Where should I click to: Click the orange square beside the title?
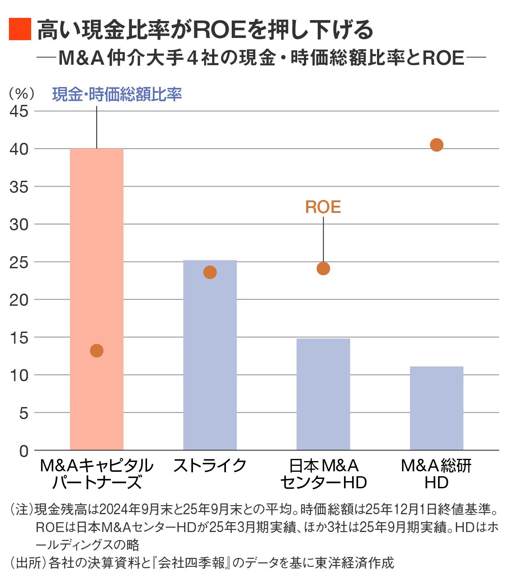(20, 29)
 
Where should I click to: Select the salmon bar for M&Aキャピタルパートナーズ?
(97, 299)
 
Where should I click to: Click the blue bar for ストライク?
(210, 357)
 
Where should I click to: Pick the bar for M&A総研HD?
(436, 408)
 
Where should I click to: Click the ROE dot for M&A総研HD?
(436, 145)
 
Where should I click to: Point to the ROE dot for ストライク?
(210, 272)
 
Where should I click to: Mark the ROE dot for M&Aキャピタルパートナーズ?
(97, 351)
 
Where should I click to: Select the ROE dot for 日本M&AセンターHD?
(323, 269)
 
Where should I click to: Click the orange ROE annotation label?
(323, 207)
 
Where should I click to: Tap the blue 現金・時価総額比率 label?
(117, 94)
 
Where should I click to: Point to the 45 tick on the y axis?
(19, 111)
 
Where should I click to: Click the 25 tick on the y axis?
(19, 262)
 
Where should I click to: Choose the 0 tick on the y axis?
(24, 451)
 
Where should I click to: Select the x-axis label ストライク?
(210, 466)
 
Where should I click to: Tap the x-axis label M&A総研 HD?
(436, 474)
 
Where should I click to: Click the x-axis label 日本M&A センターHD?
(323, 474)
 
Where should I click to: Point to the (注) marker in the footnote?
(22, 509)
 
